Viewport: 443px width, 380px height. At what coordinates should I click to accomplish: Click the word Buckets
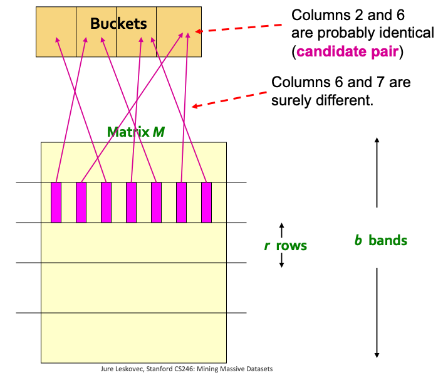[118, 23]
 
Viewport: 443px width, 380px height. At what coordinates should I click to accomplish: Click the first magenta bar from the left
[56, 203]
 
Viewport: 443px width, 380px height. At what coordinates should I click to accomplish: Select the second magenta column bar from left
[81, 203]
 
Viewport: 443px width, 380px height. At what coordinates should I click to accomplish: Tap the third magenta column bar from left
[107, 203]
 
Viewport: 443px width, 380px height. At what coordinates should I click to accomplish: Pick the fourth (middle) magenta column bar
[131, 203]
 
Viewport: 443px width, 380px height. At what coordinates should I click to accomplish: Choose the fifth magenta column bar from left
[156, 203]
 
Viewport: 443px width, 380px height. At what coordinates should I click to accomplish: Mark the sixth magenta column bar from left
[181, 203]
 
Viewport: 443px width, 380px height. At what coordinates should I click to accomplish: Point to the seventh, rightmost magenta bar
[207, 203]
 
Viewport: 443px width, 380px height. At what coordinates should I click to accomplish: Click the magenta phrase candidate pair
[348, 52]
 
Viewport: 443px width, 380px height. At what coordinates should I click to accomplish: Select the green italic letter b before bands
[358, 240]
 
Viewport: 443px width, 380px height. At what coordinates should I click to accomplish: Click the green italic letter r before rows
[267, 246]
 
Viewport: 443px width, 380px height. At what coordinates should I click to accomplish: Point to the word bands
[388, 241]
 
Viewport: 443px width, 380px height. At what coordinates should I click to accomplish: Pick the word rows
[291, 246]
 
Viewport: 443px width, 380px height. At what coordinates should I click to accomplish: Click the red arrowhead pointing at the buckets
[199, 31]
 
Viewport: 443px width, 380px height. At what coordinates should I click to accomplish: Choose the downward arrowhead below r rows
[282, 265]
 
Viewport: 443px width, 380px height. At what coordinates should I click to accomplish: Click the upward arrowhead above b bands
[377, 140]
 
